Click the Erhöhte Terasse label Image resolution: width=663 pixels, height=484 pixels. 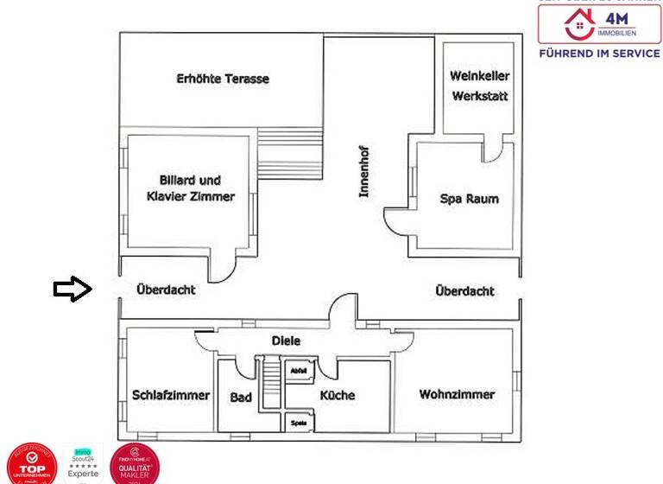point(223,79)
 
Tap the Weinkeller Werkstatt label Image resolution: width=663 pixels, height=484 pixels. point(480,86)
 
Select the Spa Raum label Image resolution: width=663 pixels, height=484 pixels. point(469,199)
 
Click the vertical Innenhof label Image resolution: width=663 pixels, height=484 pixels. point(365,170)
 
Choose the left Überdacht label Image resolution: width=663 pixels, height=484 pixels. point(166,290)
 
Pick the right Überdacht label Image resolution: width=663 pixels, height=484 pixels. point(465,291)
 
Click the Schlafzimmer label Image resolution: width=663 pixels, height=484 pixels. point(171,395)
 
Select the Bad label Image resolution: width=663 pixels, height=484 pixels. point(241,398)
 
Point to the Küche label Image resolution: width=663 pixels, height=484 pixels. point(338,395)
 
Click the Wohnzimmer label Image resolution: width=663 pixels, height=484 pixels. point(457,394)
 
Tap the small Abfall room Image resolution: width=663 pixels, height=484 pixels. point(300,370)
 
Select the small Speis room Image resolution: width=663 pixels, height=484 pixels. point(300,423)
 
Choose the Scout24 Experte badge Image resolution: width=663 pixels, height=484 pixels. point(84,462)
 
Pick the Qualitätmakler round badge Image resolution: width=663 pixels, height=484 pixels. point(135,463)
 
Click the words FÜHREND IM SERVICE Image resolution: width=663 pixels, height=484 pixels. point(599,53)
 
